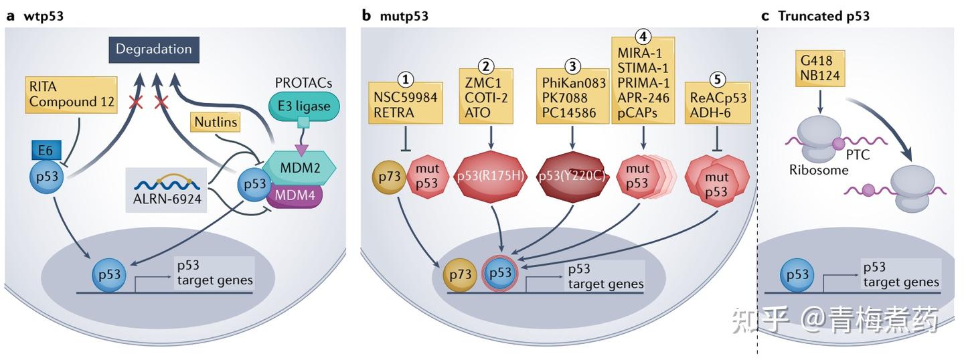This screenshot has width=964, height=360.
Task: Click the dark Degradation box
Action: point(154,50)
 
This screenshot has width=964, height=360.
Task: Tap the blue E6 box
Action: point(46,151)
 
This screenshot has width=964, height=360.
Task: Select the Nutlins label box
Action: point(215,122)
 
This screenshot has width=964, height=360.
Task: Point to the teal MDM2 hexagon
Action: point(299,167)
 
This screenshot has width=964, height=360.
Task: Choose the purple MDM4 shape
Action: point(295,195)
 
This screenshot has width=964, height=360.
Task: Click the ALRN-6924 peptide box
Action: point(167,190)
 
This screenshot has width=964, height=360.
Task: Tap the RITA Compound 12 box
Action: point(72,95)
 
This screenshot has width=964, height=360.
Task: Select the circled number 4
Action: point(643,37)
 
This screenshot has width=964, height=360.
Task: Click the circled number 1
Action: point(406,79)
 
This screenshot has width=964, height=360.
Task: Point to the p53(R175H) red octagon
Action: point(491,177)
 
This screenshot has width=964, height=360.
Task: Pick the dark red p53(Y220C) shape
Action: point(572,177)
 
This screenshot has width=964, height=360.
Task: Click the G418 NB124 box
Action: point(820,69)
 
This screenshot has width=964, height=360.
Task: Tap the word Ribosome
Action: point(819,171)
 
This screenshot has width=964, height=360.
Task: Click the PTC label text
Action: point(858,155)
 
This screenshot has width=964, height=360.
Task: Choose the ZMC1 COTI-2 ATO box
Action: point(486,96)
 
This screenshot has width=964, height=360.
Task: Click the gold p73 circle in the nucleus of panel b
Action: point(460,275)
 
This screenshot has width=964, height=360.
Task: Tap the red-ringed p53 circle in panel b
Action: point(500,273)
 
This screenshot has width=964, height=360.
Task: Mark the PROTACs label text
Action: point(303,83)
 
